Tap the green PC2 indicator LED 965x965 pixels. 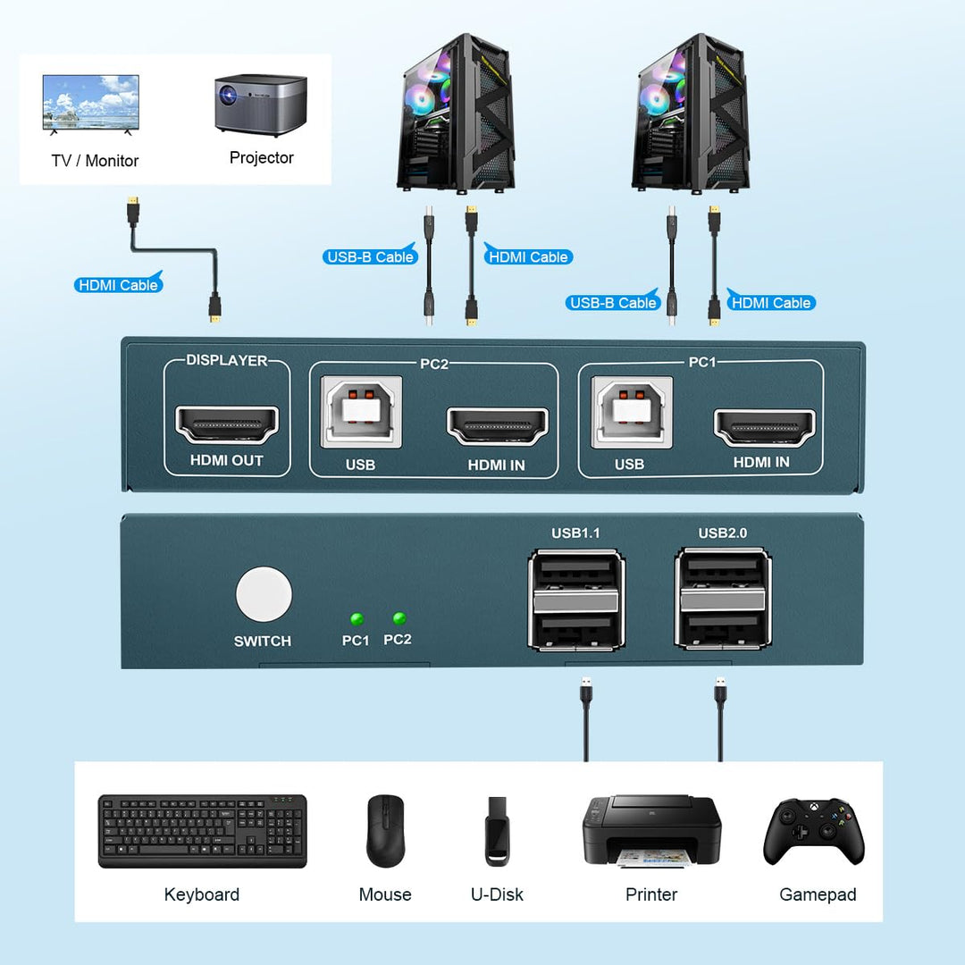[399, 618]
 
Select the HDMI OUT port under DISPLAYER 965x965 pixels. [227, 424]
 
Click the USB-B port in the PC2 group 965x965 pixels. [361, 411]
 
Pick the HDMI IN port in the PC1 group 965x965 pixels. [764, 426]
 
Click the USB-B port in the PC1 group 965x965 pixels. [632, 411]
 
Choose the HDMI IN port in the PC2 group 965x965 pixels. [497, 426]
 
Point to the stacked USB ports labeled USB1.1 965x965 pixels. [576, 599]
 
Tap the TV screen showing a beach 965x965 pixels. [90, 102]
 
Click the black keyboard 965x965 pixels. [202, 831]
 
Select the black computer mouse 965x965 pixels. [385, 830]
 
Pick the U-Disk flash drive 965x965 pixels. [497, 831]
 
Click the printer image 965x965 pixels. [651, 829]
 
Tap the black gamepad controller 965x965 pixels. [814, 830]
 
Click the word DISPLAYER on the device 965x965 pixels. [226, 360]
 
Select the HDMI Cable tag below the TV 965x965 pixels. [118, 285]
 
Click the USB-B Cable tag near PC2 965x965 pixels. [369, 256]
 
